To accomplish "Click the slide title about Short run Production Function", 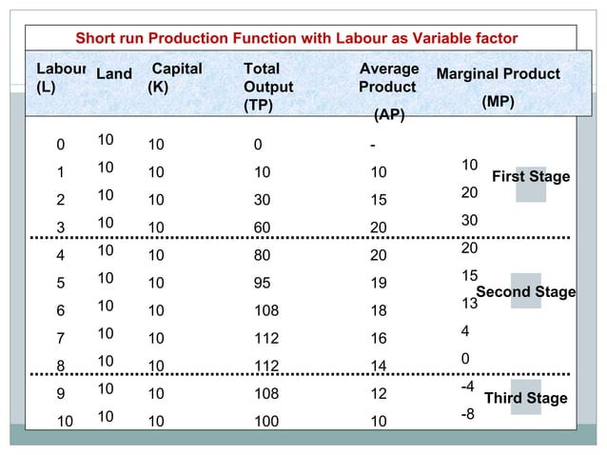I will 296,38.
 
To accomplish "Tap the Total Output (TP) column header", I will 268,87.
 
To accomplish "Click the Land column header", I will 114,74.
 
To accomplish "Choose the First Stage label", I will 530,177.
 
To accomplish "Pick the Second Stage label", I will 525,291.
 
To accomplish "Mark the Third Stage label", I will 525,398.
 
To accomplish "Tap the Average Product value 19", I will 378,283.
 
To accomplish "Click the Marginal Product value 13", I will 469,304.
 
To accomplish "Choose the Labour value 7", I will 60,338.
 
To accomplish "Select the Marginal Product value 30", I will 469,220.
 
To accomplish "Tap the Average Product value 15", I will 378,201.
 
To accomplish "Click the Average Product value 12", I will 378,393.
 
